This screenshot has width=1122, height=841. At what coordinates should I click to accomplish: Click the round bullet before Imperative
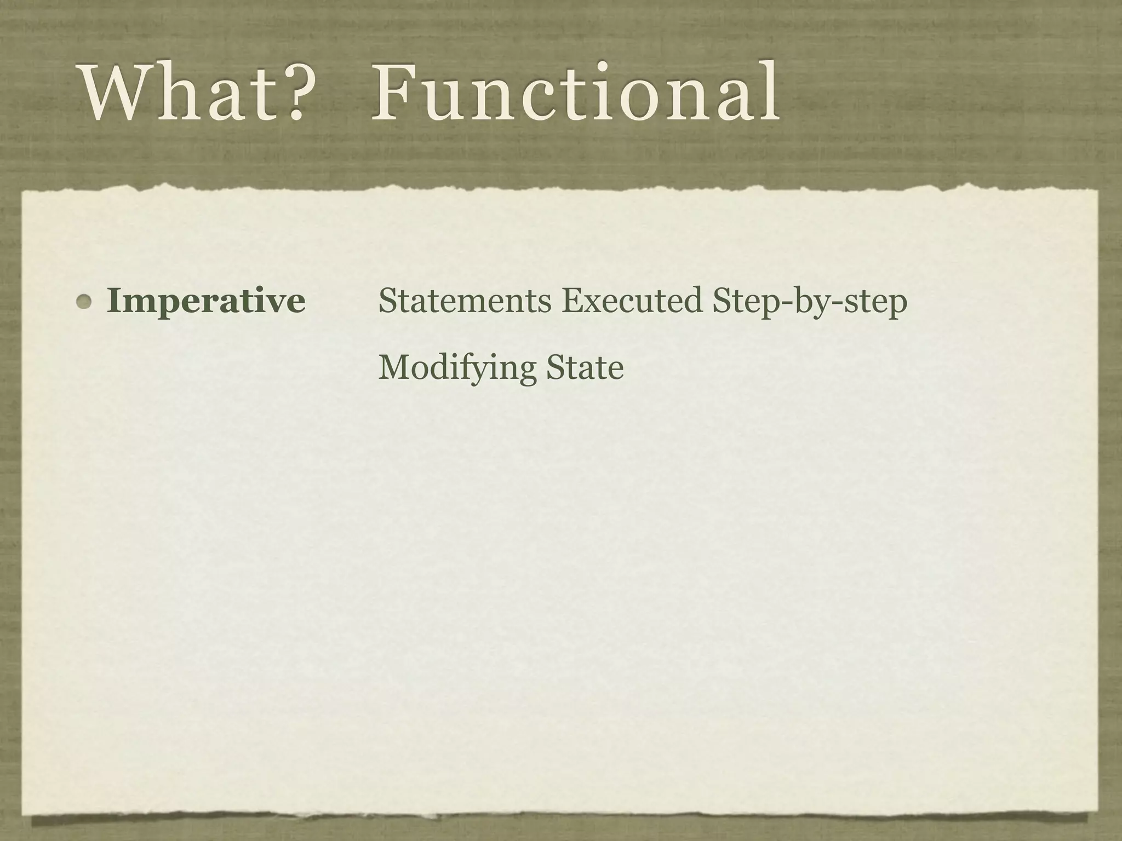click(84, 302)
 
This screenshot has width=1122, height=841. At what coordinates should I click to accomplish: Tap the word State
click(585, 367)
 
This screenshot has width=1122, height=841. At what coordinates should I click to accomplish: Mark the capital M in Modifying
click(393, 367)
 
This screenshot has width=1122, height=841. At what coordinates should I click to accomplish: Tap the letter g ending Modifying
click(527, 371)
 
